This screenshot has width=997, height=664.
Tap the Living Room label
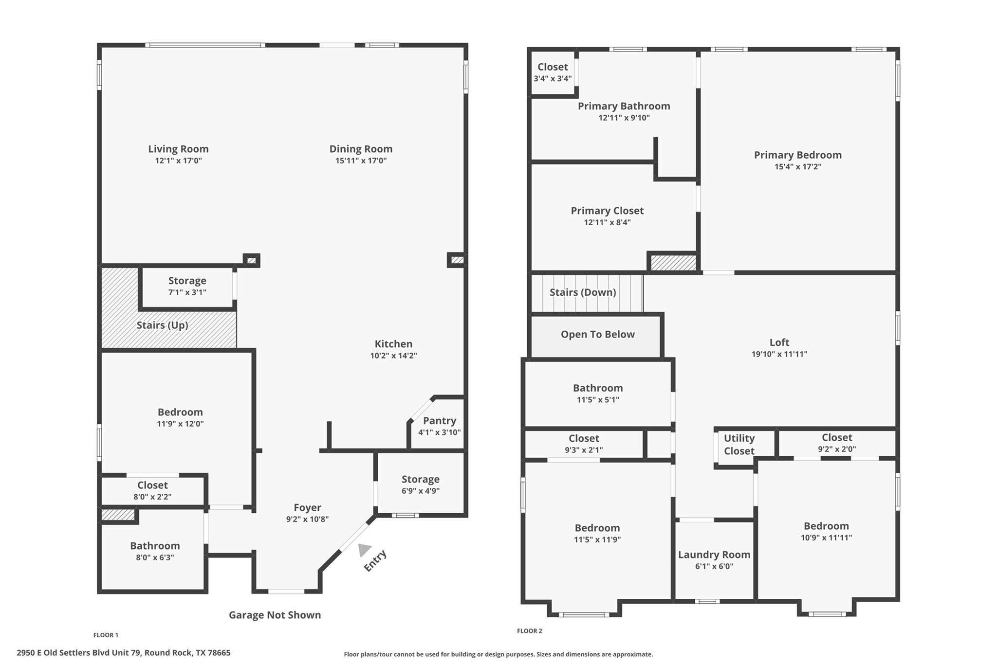point(178,149)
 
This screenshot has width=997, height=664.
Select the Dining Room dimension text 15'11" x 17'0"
point(361,161)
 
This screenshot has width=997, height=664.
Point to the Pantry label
point(440,421)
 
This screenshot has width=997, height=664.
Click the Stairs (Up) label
point(162,325)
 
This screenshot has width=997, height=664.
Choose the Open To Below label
point(598,334)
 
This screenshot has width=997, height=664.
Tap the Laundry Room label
point(714,555)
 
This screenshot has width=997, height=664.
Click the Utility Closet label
point(739,444)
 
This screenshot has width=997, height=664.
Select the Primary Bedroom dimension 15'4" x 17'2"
point(798,166)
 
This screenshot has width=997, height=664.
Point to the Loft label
point(779,342)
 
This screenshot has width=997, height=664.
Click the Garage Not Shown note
point(275,615)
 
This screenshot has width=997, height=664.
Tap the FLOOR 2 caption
point(530,631)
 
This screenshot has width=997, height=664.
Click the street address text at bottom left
point(124,653)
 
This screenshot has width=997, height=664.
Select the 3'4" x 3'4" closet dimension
point(553,78)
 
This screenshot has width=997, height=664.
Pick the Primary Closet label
point(607,211)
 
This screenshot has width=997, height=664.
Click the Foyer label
point(307,507)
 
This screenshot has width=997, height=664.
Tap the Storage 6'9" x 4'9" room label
point(421,479)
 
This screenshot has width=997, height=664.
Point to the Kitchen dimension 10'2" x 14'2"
point(393,356)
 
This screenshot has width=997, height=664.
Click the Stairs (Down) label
point(583,292)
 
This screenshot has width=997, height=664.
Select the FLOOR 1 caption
point(106,635)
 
